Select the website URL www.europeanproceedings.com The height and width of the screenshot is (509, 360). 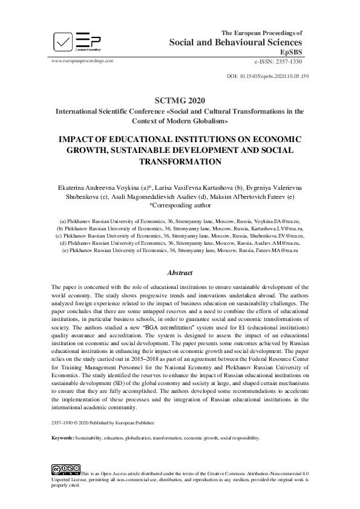tap(83, 61)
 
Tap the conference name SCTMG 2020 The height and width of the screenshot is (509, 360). tap(180, 100)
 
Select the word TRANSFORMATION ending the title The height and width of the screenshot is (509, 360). tap(180, 161)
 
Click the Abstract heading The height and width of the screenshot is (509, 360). tap(180, 272)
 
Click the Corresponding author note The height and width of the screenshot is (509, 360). tap(180, 206)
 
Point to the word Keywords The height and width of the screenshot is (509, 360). tap(62, 438)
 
